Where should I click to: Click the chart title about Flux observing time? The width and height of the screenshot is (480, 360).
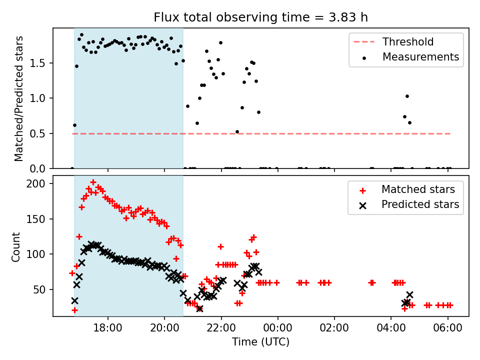260,18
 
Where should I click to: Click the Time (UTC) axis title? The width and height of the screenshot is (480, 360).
260,342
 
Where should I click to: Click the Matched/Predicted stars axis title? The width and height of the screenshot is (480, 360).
19,98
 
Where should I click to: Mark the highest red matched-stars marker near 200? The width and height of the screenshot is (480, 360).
93,182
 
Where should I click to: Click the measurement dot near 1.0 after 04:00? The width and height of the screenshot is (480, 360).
407,96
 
